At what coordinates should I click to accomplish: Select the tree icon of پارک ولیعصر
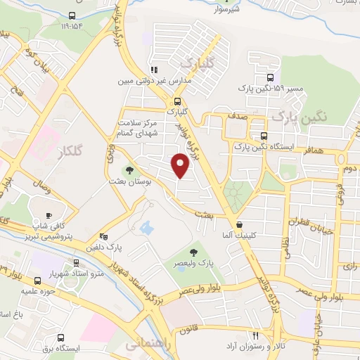(194, 252)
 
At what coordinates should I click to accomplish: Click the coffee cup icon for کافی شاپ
(48, 215)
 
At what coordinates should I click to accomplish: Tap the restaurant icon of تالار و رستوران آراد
(256, 336)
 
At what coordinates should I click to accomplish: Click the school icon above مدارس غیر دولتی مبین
(153, 70)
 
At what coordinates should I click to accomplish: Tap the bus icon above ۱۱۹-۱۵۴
(72, 16)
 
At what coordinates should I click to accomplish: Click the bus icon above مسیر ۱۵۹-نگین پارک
(271, 79)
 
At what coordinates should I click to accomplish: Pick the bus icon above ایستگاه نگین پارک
(264, 136)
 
